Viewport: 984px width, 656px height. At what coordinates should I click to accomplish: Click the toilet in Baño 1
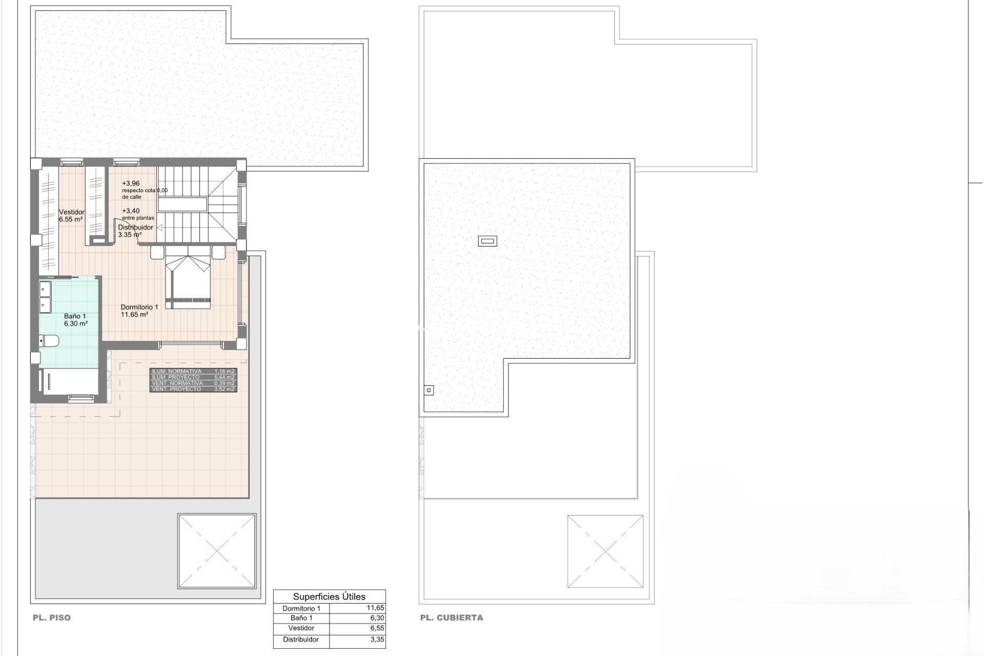(x=50, y=341)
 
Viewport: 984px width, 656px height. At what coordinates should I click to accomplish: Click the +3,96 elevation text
(x=131, y=183)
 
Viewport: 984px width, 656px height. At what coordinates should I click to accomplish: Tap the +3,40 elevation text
(x=131, y=211)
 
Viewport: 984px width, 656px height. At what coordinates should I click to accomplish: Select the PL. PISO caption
(x=52, y=618)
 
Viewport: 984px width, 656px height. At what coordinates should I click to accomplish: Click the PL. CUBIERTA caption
(x=452, y=618)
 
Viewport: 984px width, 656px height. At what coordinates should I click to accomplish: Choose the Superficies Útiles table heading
(x=329, y=597)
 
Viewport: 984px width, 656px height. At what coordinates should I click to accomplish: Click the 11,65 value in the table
(x=375, y=608)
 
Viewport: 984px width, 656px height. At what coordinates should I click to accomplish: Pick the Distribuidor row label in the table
(x=301, y=640)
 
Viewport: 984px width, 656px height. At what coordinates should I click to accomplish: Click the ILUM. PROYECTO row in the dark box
(x=193, y=377)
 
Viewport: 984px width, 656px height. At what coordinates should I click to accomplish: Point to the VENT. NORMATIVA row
(x=193, y=383)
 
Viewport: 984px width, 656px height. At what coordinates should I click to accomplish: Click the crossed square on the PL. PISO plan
(x=216, y=551)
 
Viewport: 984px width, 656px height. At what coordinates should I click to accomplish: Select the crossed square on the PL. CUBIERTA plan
(x=605, y=551)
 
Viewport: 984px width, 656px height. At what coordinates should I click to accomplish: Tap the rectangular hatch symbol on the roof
(x=487, y=241)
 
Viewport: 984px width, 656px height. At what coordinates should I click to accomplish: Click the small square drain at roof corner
(x=429, y=391)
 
